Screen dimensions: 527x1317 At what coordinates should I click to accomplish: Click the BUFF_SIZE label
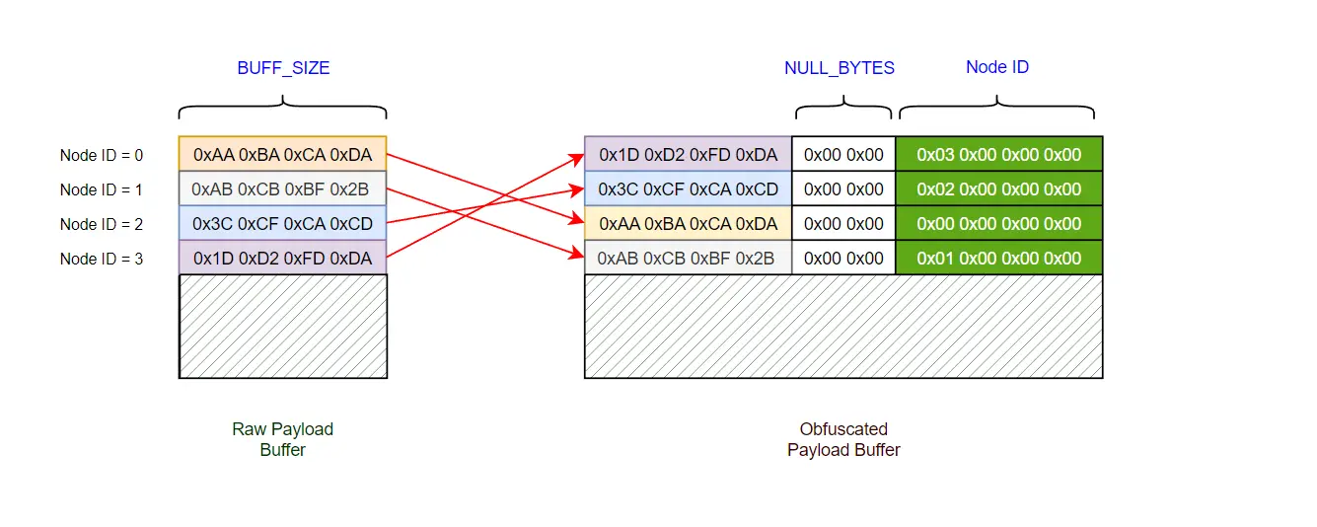point(283,68)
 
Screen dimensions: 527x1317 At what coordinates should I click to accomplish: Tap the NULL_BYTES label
point(840,68)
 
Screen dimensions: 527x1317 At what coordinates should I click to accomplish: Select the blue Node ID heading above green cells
point(997,67)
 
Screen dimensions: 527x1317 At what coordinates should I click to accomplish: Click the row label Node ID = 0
point(102,155)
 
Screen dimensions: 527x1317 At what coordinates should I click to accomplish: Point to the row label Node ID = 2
point(102,224)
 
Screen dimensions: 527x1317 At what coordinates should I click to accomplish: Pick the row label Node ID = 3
point(102,259)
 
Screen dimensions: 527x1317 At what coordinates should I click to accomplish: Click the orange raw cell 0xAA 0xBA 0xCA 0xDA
point(283,154)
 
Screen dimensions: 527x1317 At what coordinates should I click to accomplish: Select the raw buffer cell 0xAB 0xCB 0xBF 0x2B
point(283,188)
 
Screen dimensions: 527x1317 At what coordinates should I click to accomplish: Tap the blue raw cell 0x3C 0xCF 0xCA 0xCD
point(283,224)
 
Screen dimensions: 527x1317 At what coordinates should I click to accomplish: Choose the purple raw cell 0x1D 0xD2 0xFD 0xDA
point(283,259)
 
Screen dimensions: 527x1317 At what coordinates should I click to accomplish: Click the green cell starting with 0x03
point(998,154)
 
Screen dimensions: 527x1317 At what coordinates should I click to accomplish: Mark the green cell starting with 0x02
point(998,188)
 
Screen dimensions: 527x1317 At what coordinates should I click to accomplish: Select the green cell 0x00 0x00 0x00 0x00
point(998,224)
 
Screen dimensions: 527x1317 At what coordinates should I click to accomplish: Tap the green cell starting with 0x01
point(998,259)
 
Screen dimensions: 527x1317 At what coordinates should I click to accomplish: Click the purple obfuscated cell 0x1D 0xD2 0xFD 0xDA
point(688,154)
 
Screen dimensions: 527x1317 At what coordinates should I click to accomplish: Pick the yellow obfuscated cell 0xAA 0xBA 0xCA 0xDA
point(688,224)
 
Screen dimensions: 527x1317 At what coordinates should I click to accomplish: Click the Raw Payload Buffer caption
point(283,439)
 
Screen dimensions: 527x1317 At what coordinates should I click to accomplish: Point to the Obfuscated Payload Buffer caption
point(843,439)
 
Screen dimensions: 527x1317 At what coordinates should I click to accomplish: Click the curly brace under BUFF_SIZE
point(283,106)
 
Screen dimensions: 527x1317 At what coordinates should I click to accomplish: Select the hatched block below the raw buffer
point(283,326)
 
